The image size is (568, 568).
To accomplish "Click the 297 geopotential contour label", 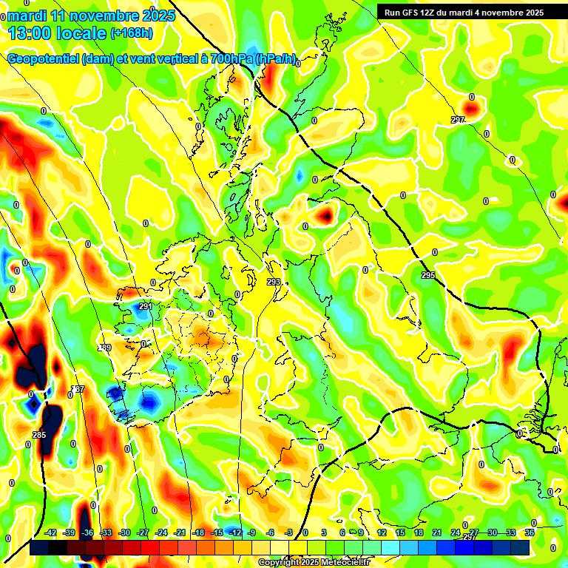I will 458,120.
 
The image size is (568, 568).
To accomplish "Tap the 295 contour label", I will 428,276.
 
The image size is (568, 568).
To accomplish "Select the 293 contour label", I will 274,282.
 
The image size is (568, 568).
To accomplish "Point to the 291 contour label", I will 145,306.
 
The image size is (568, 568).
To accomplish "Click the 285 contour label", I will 39,435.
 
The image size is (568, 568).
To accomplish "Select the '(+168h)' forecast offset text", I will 132,33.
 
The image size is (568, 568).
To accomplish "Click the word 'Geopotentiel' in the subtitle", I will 44,59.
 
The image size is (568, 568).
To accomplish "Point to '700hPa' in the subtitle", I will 226,59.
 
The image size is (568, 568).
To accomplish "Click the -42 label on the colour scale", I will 51,533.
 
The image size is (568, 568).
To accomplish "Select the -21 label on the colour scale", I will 180,533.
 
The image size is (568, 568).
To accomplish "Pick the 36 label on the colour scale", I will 530,533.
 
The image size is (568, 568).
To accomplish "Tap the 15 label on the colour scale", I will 400,533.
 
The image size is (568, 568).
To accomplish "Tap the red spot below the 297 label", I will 471,109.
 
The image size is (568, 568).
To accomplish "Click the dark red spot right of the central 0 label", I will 325,216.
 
